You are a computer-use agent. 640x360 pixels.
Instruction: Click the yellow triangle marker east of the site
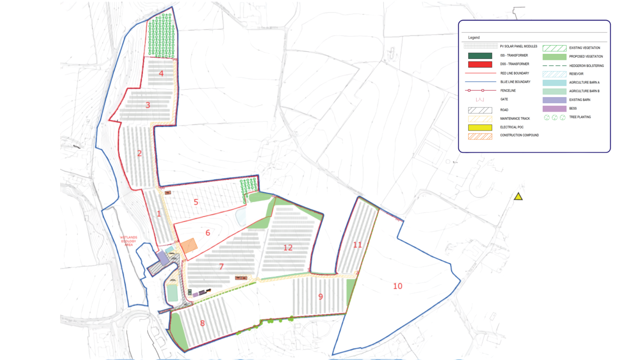pyautogui.click(x=518, y=197)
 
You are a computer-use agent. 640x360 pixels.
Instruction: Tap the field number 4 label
pyautogui.click(x=161, y=74)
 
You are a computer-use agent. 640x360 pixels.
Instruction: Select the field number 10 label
pyautogui.click(x=397, y=286)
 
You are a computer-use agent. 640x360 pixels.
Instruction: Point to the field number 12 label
pyautogui.click(x=288, y=248)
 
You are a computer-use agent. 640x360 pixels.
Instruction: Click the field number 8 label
pyautogui.click(x=202, y=323)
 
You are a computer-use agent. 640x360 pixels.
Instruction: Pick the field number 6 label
pyautogui.click(x=208, y=233)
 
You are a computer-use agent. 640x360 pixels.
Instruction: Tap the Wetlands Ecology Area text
pyautogui.click(x=129, y=241)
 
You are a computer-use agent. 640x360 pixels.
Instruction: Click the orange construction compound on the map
pyautogui.click(x=189, y=246)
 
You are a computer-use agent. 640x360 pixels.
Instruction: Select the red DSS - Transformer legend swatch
pyautogui.click(x=480, y=64)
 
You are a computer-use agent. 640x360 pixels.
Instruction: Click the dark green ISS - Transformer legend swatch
pyautogui.click(x=480, y=56)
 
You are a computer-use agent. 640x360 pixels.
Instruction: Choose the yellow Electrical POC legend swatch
pyautogui.click(x=480, y=128)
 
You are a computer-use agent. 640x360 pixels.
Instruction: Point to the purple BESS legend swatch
pyautogui.click(x=554, y=109)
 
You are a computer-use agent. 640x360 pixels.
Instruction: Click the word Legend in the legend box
pyautogui.click(x=474, y=38)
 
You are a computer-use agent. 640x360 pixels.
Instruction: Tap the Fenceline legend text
pyautogui.click(x=508, y=91)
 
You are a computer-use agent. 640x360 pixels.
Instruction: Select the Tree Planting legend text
pyautogui.click(x=580, y=117)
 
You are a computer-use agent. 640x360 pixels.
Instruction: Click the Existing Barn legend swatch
pyautogui.click(x=554, y=100)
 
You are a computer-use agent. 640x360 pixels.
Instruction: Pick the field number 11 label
pyautogui.click(x=357, y=245)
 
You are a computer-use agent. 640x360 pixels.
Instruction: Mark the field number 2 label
pyautogui.click(x=139, y=154)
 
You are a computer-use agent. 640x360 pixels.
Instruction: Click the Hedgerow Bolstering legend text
pyautogui.click(x=586, y=66)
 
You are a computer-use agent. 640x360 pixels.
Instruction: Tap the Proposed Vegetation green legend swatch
pyautogui.click(x=554, y=57)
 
